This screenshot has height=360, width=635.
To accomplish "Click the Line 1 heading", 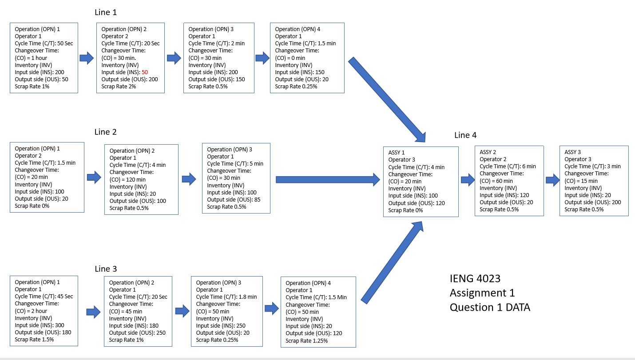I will click(x=106, y=12).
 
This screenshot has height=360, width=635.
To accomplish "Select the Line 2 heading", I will click(x=106, y=132).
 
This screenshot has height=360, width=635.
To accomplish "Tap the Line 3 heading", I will click(x=106, y=269).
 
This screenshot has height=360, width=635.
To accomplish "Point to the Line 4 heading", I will click(x=465, y=135).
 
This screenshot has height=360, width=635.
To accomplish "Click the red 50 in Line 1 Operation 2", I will click(x=145, y=72).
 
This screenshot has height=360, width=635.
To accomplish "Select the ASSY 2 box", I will click(x=509, y=180).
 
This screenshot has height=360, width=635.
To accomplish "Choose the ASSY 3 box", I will click(x=594, y=180).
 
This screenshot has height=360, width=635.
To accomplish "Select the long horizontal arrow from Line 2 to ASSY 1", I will click(x=328, y=179).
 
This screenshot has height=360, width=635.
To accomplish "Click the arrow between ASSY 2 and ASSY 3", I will click(x=552, y=180).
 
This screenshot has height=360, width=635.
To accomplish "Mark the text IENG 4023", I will click(x=475, y=279).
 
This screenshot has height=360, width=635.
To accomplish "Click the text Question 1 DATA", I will click(x=490, y=307).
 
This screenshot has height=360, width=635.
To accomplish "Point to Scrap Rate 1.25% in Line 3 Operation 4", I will click(x=306, y=340).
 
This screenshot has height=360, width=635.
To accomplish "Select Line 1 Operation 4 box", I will click(x=307, y=58).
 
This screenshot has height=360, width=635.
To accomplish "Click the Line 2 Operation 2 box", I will click(x=141, y=179).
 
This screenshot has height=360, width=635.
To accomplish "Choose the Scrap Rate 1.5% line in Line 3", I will click(x=35, y=339).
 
